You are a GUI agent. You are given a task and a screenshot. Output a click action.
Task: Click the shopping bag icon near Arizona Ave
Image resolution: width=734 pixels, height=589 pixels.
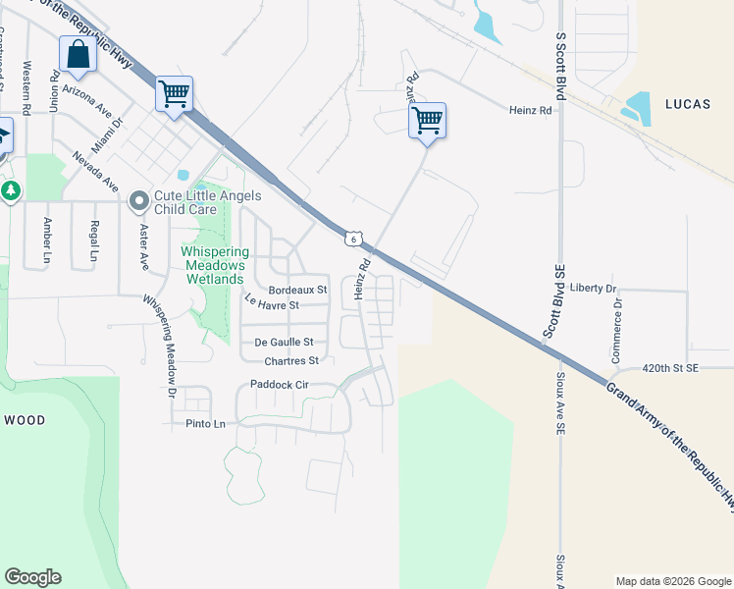[x=77, y=54]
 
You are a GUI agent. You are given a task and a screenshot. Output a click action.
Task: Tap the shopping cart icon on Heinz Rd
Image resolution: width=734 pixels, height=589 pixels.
[x=427, y=121]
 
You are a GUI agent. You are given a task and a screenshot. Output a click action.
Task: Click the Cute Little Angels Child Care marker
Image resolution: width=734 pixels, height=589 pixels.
[x=139, y=202]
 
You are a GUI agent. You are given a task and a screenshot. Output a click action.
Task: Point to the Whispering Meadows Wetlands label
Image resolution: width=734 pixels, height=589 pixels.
[x=211, y=265]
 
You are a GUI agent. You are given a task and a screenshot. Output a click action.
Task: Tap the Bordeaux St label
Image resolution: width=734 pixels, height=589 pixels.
[x=297, y=290]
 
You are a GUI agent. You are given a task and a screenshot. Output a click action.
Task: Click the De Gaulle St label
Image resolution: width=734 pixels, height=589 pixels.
[x=284, y=342]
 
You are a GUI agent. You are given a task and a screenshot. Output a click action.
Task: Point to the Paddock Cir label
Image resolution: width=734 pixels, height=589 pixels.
[x=280, y=385]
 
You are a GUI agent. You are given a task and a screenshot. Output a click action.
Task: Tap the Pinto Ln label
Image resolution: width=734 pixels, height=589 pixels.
[x=205, y=424]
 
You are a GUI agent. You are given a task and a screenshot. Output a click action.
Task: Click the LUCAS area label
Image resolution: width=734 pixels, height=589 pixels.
[x=693, y=102]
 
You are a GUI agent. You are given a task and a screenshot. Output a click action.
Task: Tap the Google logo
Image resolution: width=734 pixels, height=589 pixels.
[x=32, y=577]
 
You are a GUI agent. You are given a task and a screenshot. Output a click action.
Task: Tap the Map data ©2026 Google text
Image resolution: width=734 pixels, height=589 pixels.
[x=672, y=581]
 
